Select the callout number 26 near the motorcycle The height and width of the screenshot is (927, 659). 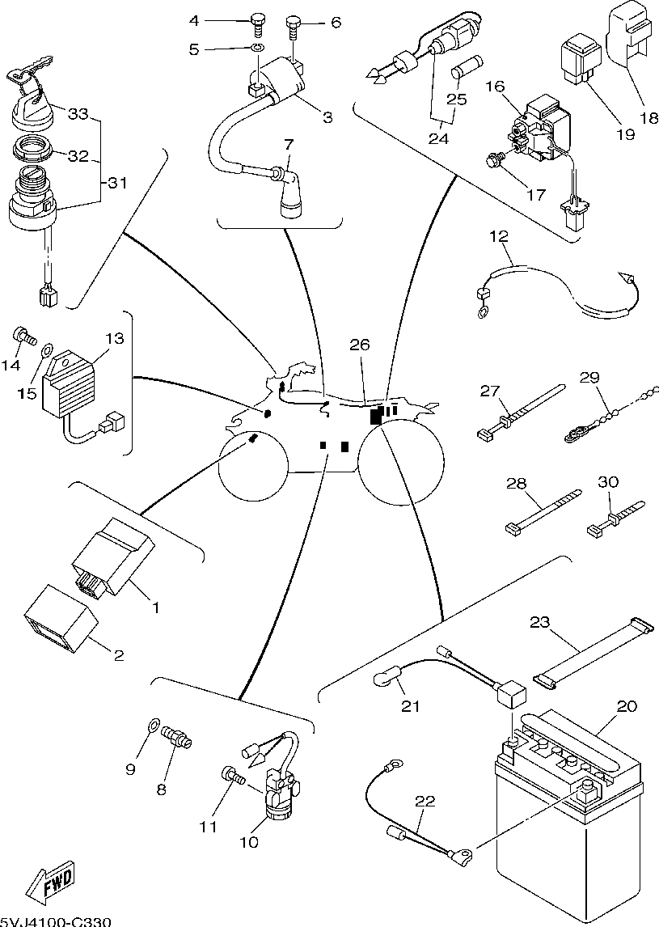[x=360, y=345]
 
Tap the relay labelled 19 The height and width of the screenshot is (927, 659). [x=576, y=61]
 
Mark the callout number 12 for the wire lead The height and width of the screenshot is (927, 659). [x=499, y=236]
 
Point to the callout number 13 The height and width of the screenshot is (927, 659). [x=115, y=338]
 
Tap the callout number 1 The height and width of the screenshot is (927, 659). [x=156, y=606]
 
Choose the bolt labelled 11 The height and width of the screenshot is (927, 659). [x=232, y=776]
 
